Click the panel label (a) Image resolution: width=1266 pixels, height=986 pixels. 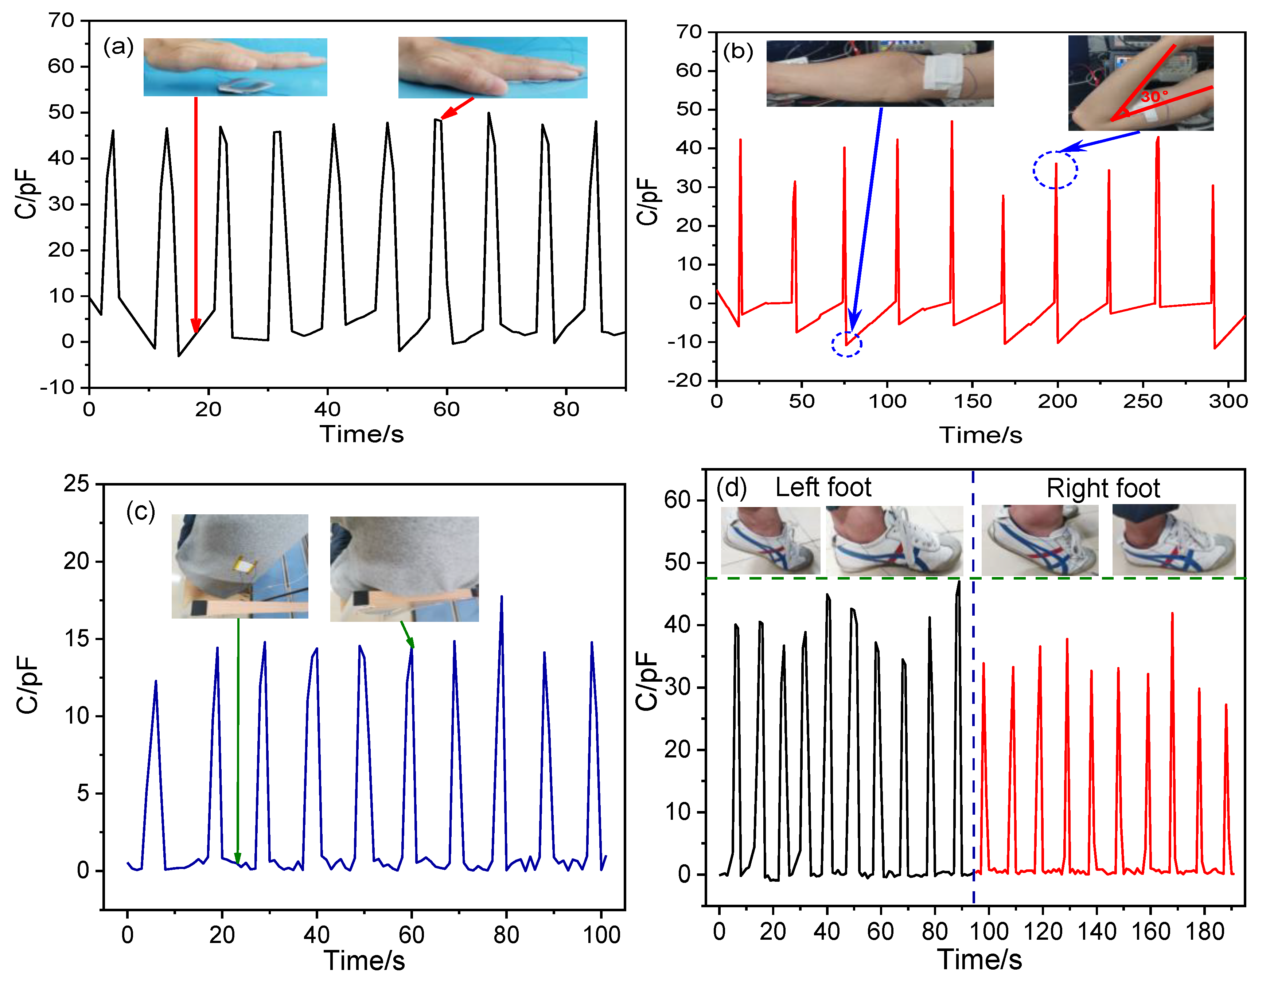tap(118, 46)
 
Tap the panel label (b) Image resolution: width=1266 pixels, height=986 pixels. tap(738, 52)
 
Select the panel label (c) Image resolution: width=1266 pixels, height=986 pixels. tap(141, 512)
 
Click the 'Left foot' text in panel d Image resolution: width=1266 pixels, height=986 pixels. tap(823, 487)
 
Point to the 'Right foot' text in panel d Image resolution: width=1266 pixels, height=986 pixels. tap(1103, 489)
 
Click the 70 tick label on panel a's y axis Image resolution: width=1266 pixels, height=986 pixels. tap(62, 21)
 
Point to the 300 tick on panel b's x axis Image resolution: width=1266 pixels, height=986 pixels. tap(1228, 401)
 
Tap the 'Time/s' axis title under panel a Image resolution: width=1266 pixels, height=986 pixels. tap(362, 434)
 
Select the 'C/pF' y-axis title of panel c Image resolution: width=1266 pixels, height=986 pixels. tap(27, 684)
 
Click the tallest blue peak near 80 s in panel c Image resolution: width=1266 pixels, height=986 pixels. tap(502, 597)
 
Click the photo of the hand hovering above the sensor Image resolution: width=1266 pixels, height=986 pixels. tap(235, 67)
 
